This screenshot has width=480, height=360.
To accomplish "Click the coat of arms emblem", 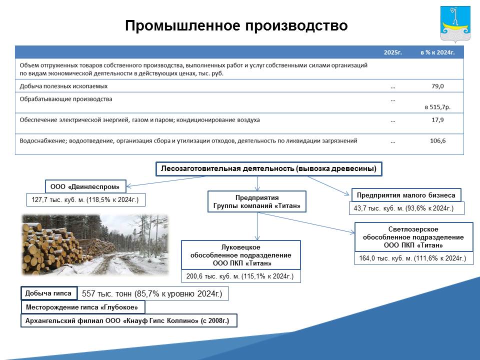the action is pyautogui.click(x=455, y=24).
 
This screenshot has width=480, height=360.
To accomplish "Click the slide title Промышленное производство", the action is pyautogui.click(x=236, y=25).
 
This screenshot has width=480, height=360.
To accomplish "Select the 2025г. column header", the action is pyautogui.click(x=393, y=52).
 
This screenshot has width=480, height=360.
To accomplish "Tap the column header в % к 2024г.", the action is pyautogui.click(x=437, y=52).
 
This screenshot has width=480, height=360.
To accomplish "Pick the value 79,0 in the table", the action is pyautogui.click(x=437, y=86).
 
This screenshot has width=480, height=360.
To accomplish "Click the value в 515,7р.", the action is pyautogui.click(x=437, y=107).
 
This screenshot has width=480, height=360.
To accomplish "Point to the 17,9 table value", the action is pyautogui.click(x=437, y=120).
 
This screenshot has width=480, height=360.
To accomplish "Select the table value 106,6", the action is pyautogui.click(x=438, y=141).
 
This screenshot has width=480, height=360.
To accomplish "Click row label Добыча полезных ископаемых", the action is pyautogui.click(x=63, y=86).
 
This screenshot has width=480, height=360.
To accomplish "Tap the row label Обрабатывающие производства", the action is pyautogui.click(x=66, y=99).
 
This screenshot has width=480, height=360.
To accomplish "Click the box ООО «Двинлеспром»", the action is pyautogui.click(x=85, y=186).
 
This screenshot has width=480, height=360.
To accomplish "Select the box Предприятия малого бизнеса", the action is pyautogui.click(x=406, y=195).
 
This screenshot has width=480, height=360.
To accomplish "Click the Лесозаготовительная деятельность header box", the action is pyautogui.click(x=269, y=168).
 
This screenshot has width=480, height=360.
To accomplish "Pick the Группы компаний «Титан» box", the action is pyautogui.click(x=257, y=201).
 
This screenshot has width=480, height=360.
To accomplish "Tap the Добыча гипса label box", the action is pyautogui.click(x=48, y=293).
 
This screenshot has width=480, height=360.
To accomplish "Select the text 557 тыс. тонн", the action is pyautogui.click(x=107, y=294).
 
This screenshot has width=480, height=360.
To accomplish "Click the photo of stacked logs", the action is pyautogui.click(x=95, y=244).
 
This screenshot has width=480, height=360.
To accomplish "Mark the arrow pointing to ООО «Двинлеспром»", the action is pyautogui.click(x=165, y=181).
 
